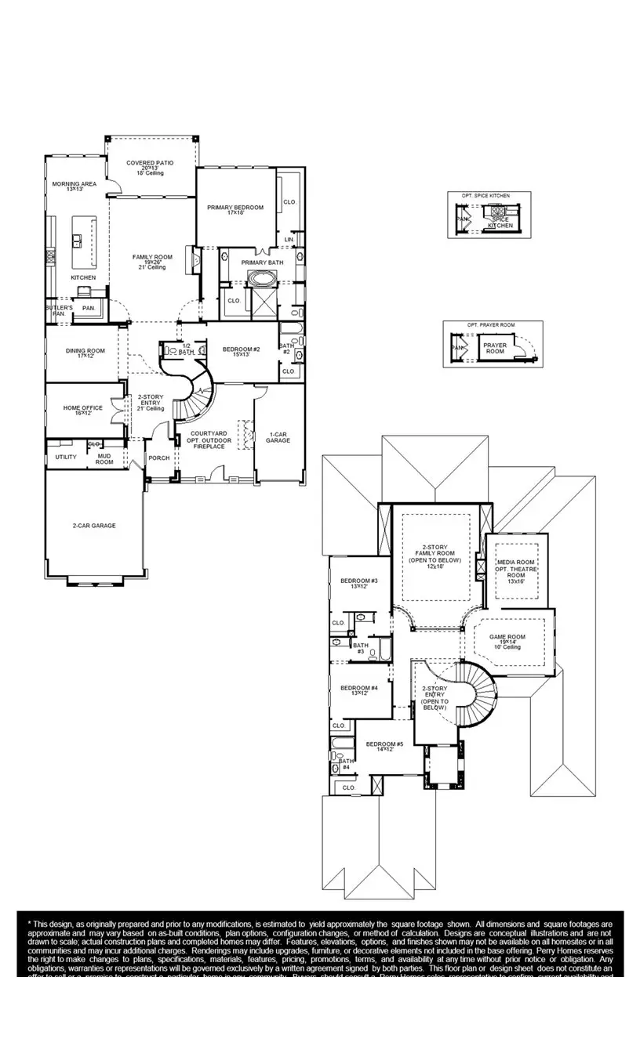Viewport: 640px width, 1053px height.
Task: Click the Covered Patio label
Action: click(x=150, y=163)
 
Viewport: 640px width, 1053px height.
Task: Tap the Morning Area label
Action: click(x=75, y=184)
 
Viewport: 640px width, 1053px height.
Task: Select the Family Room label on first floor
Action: click(x=152, y=257)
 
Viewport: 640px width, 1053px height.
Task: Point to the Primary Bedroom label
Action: click(x=235, y=208)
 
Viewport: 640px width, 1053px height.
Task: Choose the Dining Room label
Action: click(x=85, y=351)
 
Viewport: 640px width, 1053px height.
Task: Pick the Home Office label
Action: click(x=83, y=408)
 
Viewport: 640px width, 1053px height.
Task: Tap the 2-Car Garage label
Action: click(x=94, y=526)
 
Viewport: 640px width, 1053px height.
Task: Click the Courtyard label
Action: click(x=210, y=433)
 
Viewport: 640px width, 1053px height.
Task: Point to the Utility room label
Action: click(x=66, y=457)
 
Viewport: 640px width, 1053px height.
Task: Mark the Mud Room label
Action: click(x=104, y=459)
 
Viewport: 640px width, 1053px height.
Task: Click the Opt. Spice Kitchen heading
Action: click(x=488, y=194)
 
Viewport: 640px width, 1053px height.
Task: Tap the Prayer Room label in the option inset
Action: click(x=495, y=348)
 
